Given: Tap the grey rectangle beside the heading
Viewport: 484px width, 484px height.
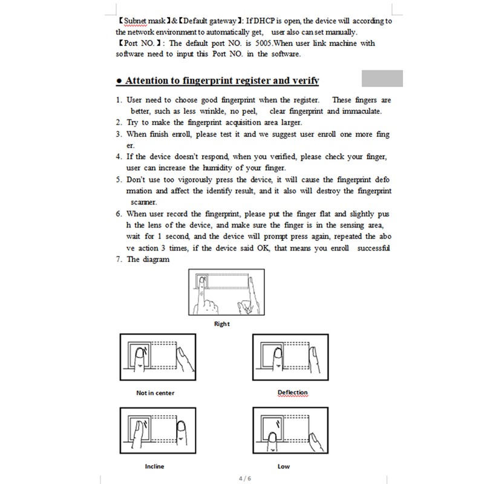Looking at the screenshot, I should tap(382, 79).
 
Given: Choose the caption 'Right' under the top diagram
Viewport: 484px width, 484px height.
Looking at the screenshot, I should tap(221, 324).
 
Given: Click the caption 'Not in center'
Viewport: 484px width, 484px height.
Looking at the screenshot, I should tap(155, 393).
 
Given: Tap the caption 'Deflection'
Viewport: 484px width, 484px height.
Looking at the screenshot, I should tap(292, 393).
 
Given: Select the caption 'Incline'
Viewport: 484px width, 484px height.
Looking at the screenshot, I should tap(154, 466).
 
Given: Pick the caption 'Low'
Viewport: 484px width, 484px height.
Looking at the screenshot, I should tap(284, 466).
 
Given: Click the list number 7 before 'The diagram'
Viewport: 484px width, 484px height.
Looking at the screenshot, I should tap(118, 260).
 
